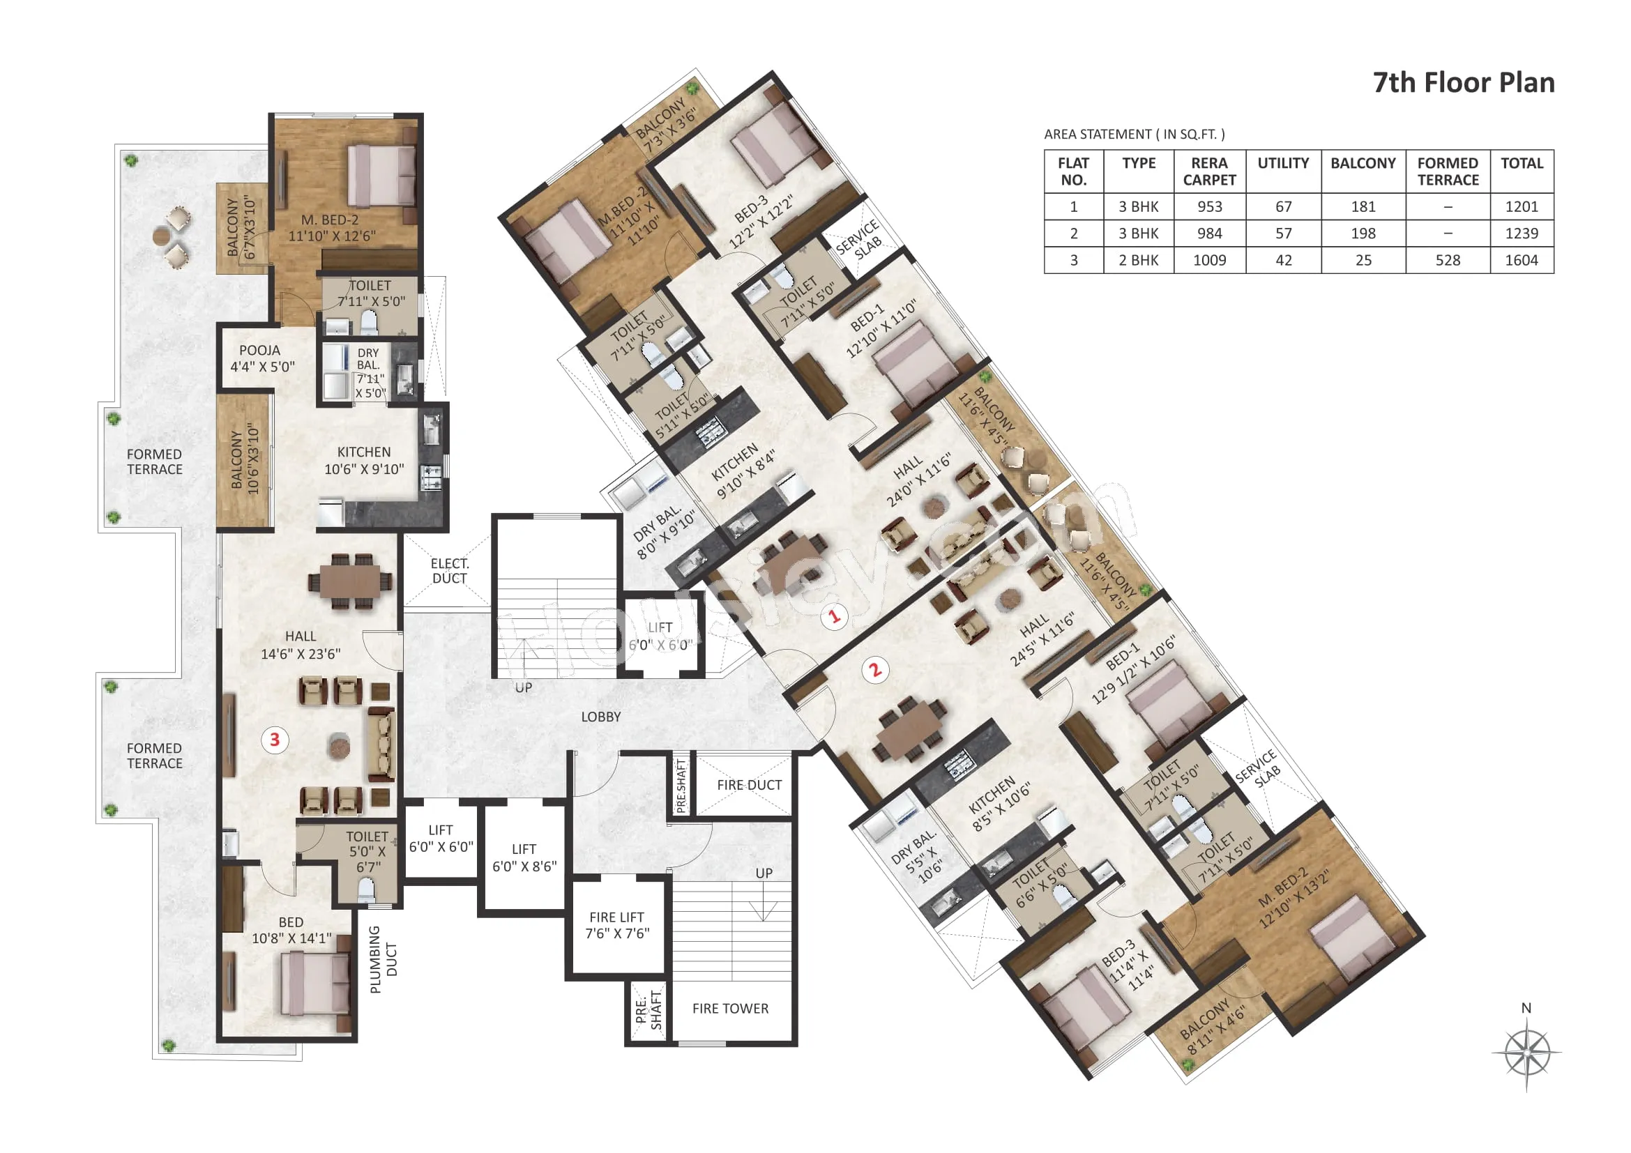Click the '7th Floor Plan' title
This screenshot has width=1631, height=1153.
click(x=1464, y=82)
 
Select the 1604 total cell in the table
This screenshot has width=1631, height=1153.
click(x=1522, y=260)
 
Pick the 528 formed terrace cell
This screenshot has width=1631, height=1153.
click(x=1448, y=260)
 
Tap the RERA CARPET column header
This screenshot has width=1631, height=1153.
click(x=1209, y=171)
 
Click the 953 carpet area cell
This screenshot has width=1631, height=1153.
click(x=1209, y=206)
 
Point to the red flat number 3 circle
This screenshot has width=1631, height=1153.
click(x=275, y=740)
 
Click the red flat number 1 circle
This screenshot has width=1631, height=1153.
click(x=835, y=616)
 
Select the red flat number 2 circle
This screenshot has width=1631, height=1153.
click(x=875, y=669)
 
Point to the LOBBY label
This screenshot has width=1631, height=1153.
click(x=601, y=717)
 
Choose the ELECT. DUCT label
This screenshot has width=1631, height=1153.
click(x=450, y=571)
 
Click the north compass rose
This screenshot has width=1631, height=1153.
click(x=1526, y=1051)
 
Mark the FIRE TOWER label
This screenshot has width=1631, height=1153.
click(x=730, y=1008)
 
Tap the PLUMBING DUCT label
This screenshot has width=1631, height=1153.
click(x=383, y=959)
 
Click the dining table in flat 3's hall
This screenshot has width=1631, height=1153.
click(x=349, y=581)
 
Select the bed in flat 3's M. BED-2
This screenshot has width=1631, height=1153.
click(x=381, y=176)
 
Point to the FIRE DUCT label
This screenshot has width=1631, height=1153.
click(x=750, y=784)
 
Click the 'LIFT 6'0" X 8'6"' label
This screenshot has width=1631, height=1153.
click(x=524, y=857)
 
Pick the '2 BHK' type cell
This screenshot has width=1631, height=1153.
click(x=1139, y=260)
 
